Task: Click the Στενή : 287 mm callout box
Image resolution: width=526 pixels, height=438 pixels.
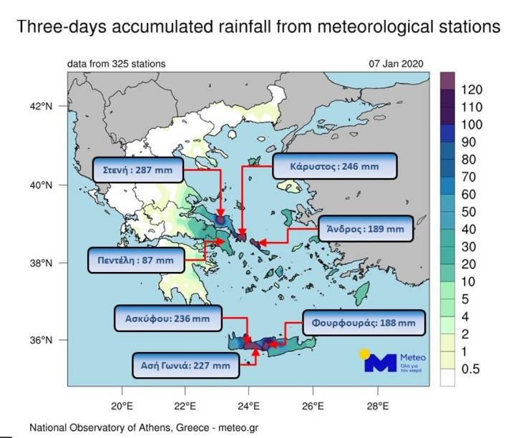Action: tap(138, 171)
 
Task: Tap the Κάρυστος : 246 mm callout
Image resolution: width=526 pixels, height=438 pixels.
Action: tap(334, 166)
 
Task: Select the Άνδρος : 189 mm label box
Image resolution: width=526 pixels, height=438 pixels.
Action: tap(365, 230)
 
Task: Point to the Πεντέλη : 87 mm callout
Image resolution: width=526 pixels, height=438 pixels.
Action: tap(133, 260)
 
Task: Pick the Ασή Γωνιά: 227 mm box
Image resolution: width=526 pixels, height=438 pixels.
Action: tap(185, 364)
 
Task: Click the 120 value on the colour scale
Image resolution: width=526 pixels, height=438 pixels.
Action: tap(473, 89)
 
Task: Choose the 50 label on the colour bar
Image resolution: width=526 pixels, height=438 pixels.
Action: tap(469, 212)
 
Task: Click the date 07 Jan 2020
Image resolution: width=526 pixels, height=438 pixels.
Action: tap(396, 64)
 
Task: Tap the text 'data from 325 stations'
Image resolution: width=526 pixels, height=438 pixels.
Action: tap(116, 64)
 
